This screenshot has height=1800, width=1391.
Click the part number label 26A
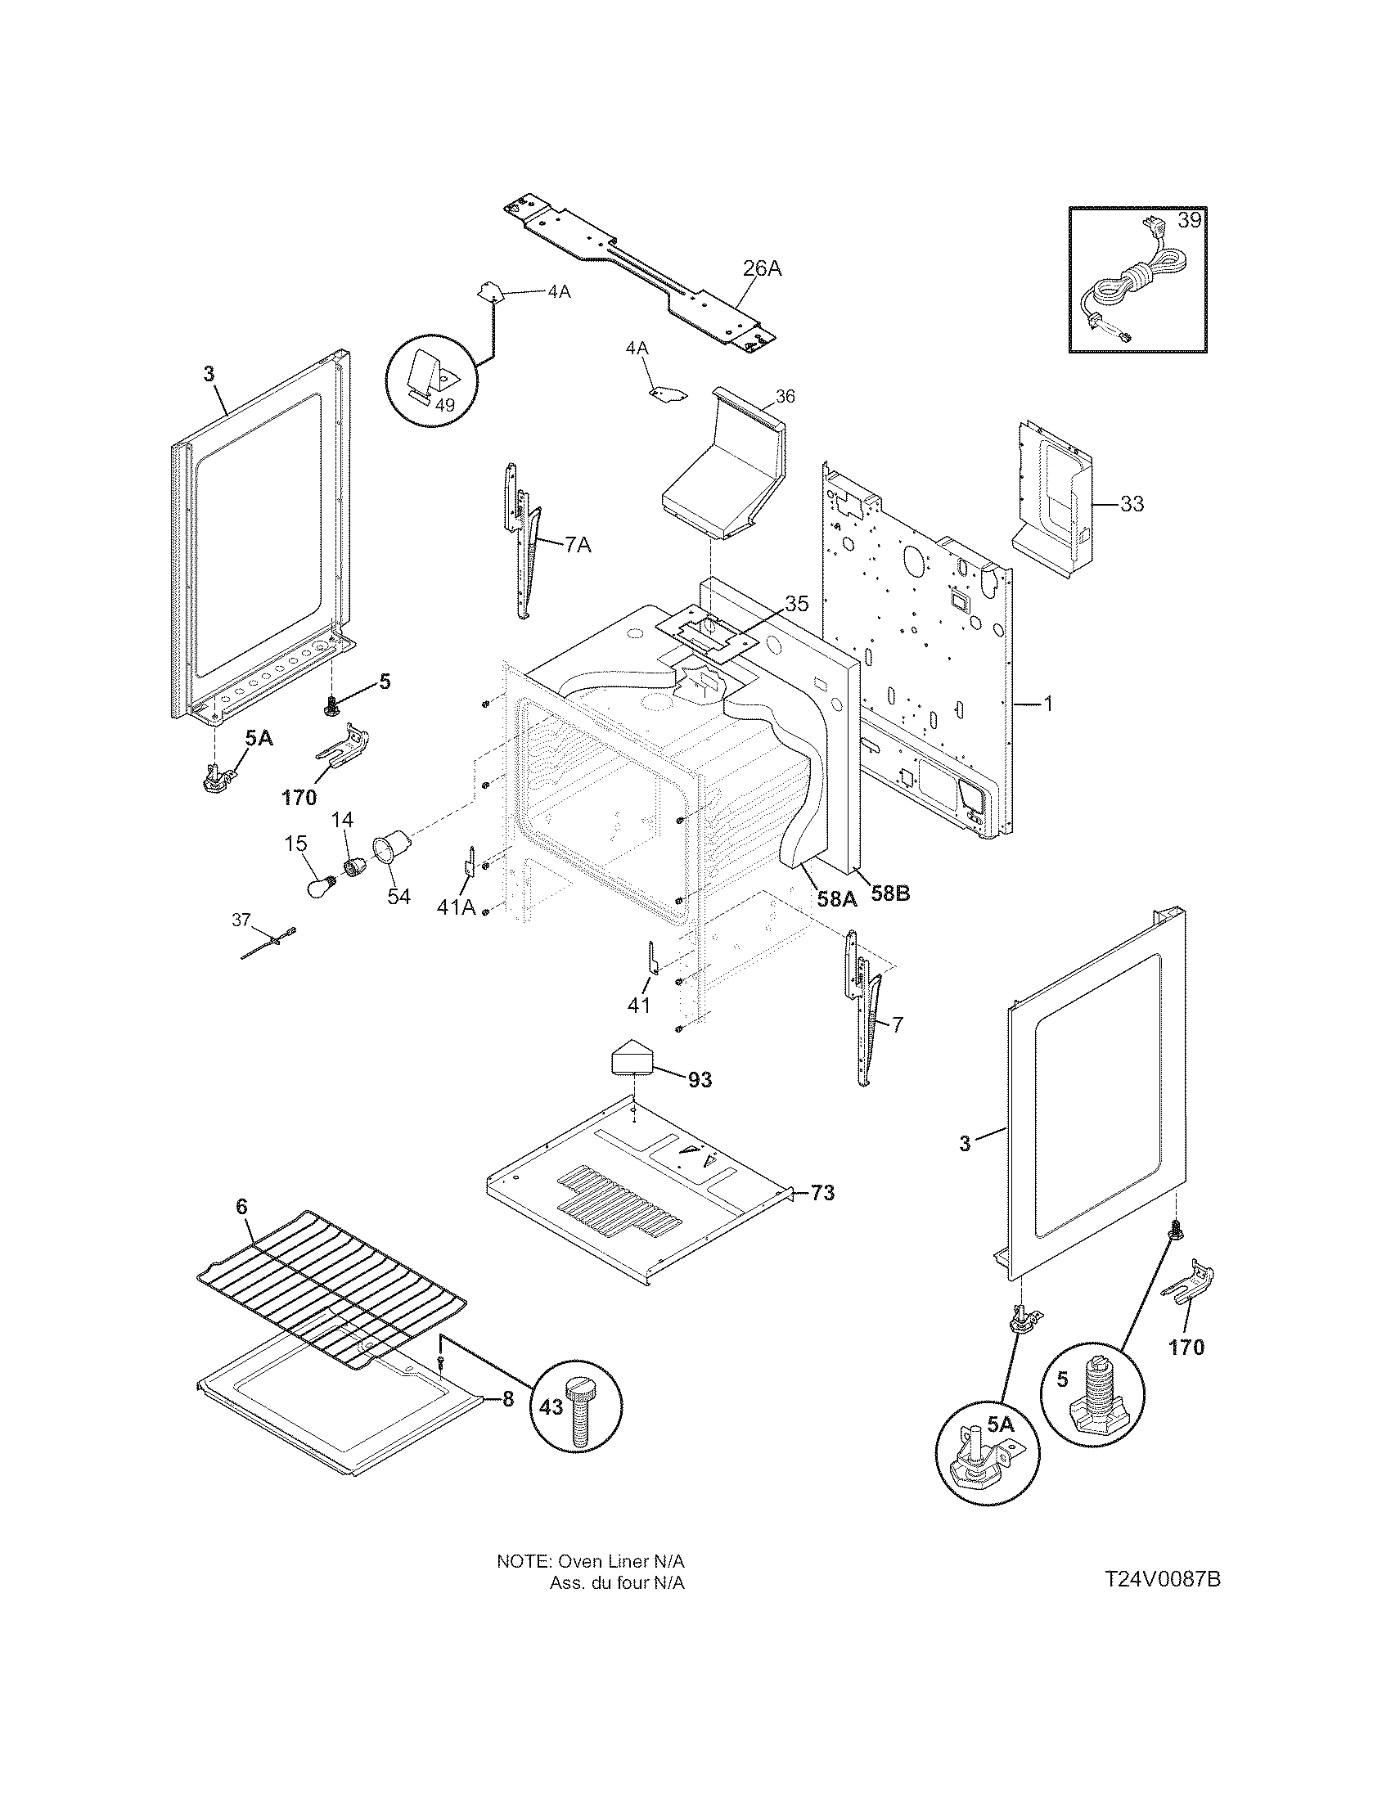click(762, 268)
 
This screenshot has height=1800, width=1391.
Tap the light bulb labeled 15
click(318, 889)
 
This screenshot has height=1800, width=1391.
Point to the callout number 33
click(1132, 503)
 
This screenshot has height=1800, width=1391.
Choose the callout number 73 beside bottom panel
click(822, 1193)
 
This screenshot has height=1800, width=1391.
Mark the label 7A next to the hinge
click(578, 545)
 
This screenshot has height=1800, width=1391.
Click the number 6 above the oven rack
click(241, 1207)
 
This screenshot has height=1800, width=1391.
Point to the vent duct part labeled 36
click(721, 478)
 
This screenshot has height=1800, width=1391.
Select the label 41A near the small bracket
click(457, 907)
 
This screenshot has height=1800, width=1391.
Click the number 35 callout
click(796, 603)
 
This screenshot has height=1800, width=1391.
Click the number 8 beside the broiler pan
click(507, 1399)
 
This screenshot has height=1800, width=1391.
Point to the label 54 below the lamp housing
click(398, 896)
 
